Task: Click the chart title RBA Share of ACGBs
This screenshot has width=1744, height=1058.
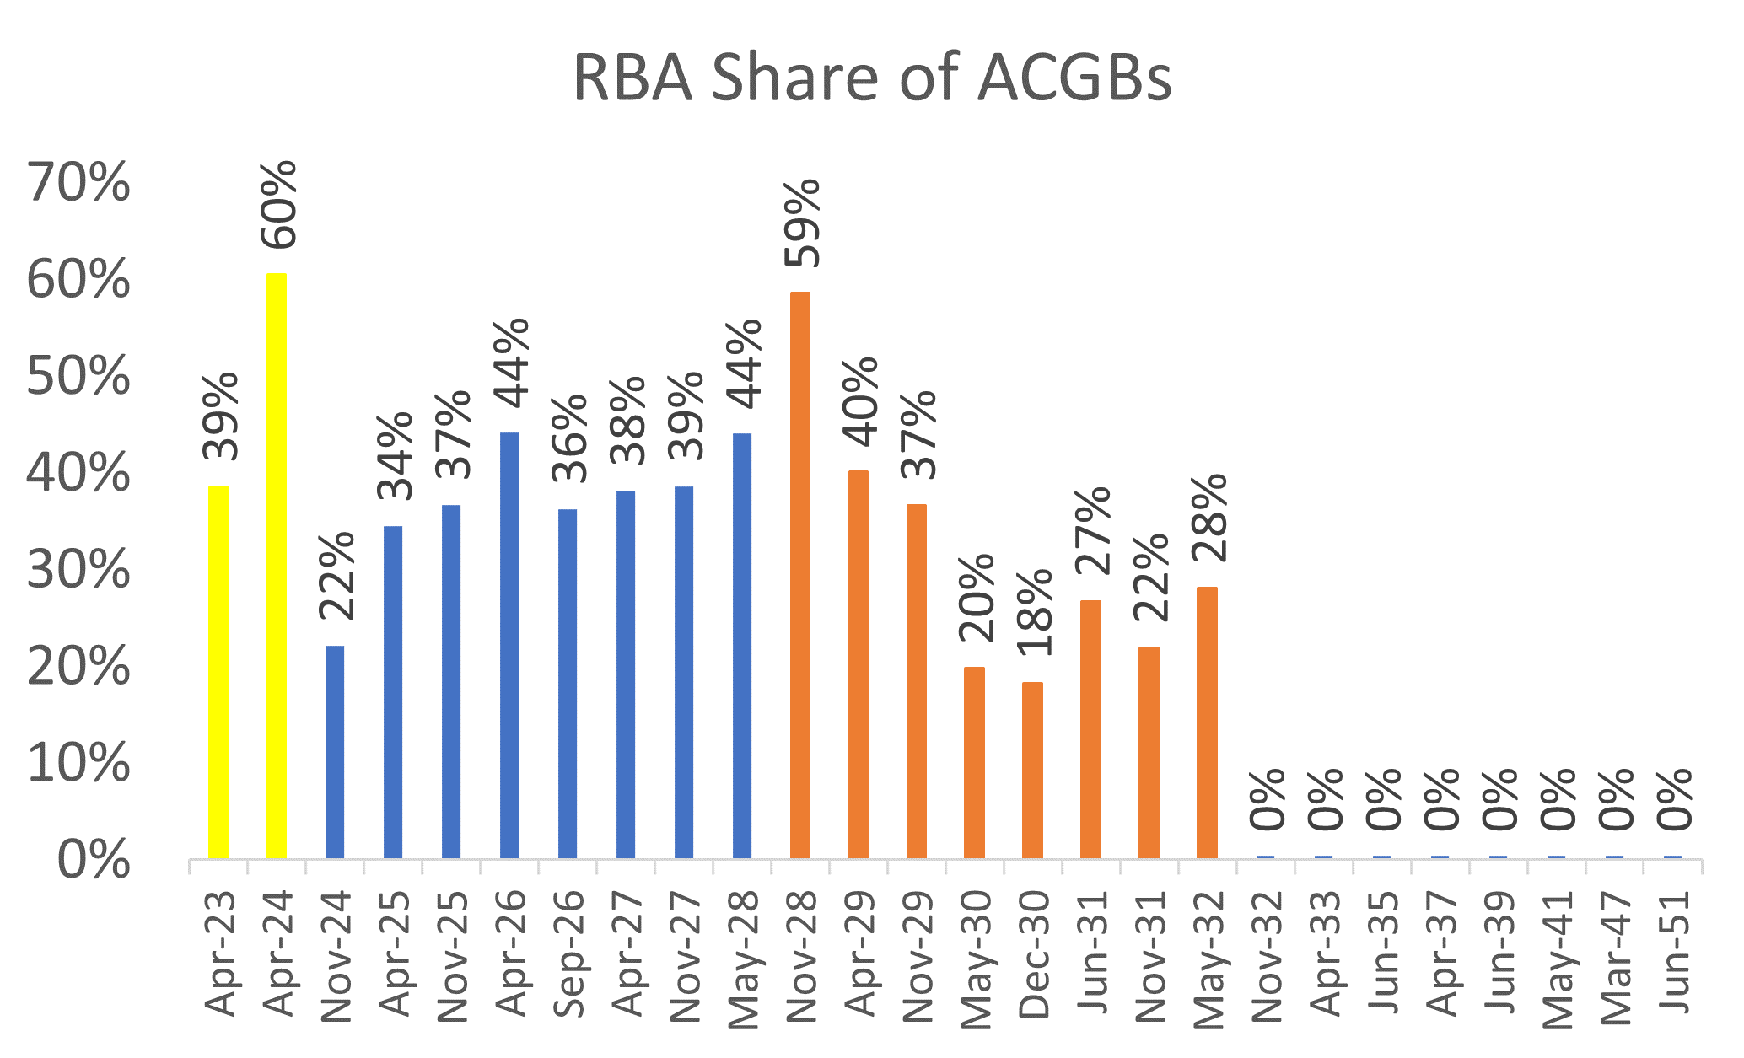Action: (872, 78)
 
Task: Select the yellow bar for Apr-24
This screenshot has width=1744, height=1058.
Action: (277, 565)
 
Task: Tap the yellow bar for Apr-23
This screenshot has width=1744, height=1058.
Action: (218, 671)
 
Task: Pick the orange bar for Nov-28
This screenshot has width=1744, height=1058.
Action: (800, 575)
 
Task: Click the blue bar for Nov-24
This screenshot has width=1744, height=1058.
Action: (335, 752)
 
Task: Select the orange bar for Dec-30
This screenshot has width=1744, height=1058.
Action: (1032, 770)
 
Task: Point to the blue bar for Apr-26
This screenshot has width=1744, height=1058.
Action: (509, 645)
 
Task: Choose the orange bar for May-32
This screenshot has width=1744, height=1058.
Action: (1207, 722)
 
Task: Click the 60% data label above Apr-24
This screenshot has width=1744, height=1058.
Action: (279, 205)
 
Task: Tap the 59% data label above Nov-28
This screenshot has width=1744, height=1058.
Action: (802, 223)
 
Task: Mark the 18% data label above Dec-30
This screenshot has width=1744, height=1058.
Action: (1035, 613)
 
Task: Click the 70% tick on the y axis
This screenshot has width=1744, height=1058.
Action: (78, 183)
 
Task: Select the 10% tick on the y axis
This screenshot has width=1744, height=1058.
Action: (78, 764)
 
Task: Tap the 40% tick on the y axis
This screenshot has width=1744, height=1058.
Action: (78, 474)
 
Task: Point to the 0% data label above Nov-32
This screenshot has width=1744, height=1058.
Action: (1268, 799)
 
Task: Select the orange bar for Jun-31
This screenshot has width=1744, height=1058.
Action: (1090, 729)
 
